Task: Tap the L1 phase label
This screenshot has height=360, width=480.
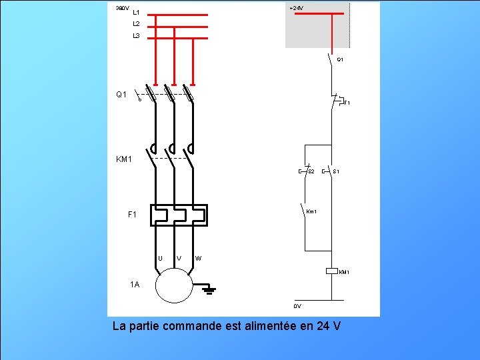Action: (x=136, y=13)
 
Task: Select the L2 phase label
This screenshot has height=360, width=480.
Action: (x=136, y=24)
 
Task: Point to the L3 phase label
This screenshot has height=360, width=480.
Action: (x=136, y=36)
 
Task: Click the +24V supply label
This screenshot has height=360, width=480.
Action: (x=296, y=8)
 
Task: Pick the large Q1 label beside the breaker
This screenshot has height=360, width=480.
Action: (x=121, y=95)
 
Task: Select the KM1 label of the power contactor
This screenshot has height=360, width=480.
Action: (x=125, y=159)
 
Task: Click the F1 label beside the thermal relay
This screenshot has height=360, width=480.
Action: (x=132, y=215)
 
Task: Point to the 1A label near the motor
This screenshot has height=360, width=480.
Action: (x=135, y=285)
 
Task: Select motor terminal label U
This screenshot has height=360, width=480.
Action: (x=160, y=259)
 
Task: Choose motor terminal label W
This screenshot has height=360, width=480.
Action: (x=199, y=259)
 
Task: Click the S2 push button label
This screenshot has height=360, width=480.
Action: (x=311, y=172)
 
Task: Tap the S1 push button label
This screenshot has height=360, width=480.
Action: (x=337, y=172)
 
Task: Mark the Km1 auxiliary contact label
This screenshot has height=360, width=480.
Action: (x=311, y=212)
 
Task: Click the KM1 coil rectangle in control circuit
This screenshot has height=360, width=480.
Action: (x=332, y=271)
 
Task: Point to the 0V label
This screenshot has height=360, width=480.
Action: (x=297, y=307)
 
